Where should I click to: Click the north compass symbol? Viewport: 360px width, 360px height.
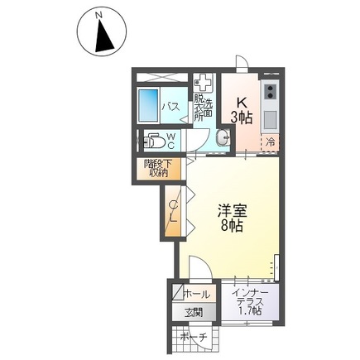(101, 32)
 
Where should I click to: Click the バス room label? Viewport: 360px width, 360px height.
(171, 107)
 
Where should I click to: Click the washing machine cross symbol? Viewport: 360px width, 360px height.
(204, 84)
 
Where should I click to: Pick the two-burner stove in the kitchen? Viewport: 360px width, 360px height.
(271, 89)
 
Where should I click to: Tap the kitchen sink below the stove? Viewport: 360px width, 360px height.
(271, 117)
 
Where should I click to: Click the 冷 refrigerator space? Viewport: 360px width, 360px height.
(271, 142)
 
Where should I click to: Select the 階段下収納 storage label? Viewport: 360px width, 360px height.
(156, 169)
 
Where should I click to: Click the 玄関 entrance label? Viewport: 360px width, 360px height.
(193, 313)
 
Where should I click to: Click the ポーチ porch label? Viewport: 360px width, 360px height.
(192, 338)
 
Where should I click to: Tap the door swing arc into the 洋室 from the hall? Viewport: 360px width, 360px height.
(201, 266)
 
